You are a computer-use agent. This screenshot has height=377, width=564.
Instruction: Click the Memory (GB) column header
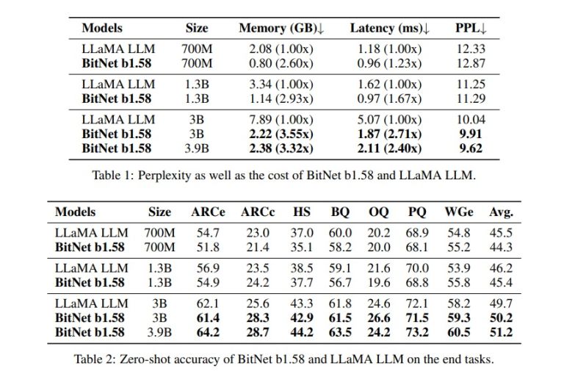pos(281,28)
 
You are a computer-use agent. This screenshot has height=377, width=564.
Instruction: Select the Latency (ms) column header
pos(390,28)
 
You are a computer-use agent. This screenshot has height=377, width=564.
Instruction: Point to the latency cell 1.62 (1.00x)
pos(390,84)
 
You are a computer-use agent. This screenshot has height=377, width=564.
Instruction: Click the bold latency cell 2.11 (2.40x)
pos(390,147)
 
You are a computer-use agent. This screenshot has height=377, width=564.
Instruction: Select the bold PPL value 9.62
pos(470,147)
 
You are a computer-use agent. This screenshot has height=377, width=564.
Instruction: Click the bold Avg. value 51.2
pos(502,331)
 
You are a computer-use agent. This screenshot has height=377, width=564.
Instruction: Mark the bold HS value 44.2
pos(302,331)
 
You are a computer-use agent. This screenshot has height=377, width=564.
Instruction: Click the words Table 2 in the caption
pos(92,359)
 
